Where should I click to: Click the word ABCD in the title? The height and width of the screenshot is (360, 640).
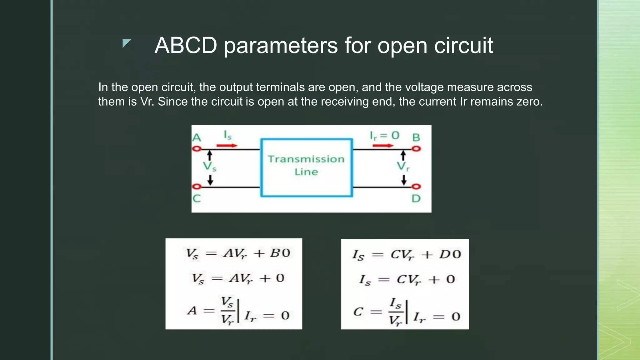(x=186, y=46)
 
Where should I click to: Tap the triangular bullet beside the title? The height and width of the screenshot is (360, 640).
(x=126, y=43)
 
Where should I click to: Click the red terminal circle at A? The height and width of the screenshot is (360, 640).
(x=197, y=149)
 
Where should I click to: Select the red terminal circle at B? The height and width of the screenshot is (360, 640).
(x=416, y=149)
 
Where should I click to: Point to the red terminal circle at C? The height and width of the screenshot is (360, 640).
(x=197, y=187)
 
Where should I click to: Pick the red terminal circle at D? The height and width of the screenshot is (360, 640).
(x=416, y=187)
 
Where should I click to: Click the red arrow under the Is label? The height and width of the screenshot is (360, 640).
(x=227, y=145)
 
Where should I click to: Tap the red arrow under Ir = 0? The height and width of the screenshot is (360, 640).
(x=383, y=145)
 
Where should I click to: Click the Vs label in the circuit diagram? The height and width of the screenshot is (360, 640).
(x=209, y=166)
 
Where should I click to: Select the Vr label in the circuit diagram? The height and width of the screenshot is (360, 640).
(x=403, y=166)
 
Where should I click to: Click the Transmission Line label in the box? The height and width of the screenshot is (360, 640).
(x=306, y=165)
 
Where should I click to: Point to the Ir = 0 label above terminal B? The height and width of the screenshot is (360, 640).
(x=384, y=136)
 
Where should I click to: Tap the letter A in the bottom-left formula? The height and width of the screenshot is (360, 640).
(x=192, y=311)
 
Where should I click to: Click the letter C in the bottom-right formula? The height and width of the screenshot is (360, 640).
(x=358, y=312)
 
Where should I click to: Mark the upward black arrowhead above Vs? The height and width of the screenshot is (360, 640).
(x=210, y=154)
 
